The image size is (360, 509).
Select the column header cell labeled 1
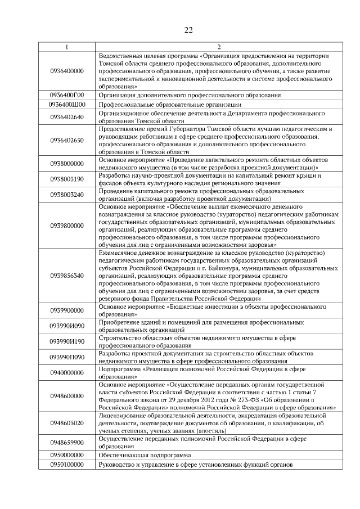tap(67, 47)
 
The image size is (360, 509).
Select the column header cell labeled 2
tap(219, 47)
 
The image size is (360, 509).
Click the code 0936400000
tap(67, 71)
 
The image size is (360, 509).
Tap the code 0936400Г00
tap(67, 96)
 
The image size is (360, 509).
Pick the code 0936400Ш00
tap(67, 105)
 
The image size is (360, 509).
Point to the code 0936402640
tap(67, 117)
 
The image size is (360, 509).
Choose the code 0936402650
tap(67, 141)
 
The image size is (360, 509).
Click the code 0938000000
tap(67, 164)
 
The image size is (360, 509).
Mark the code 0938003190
tap(67, 179)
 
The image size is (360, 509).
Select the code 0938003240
tap(67, 195)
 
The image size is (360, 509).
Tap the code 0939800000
tap(67, 226)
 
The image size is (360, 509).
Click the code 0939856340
tap(67, 276)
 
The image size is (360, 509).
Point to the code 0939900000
tap(67, 310)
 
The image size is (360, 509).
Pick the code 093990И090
tap(67, 326)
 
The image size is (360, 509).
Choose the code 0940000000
tap(67, 373)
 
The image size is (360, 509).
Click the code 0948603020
tap(67, 423)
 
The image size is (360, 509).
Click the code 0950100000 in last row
tap(67, 465)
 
